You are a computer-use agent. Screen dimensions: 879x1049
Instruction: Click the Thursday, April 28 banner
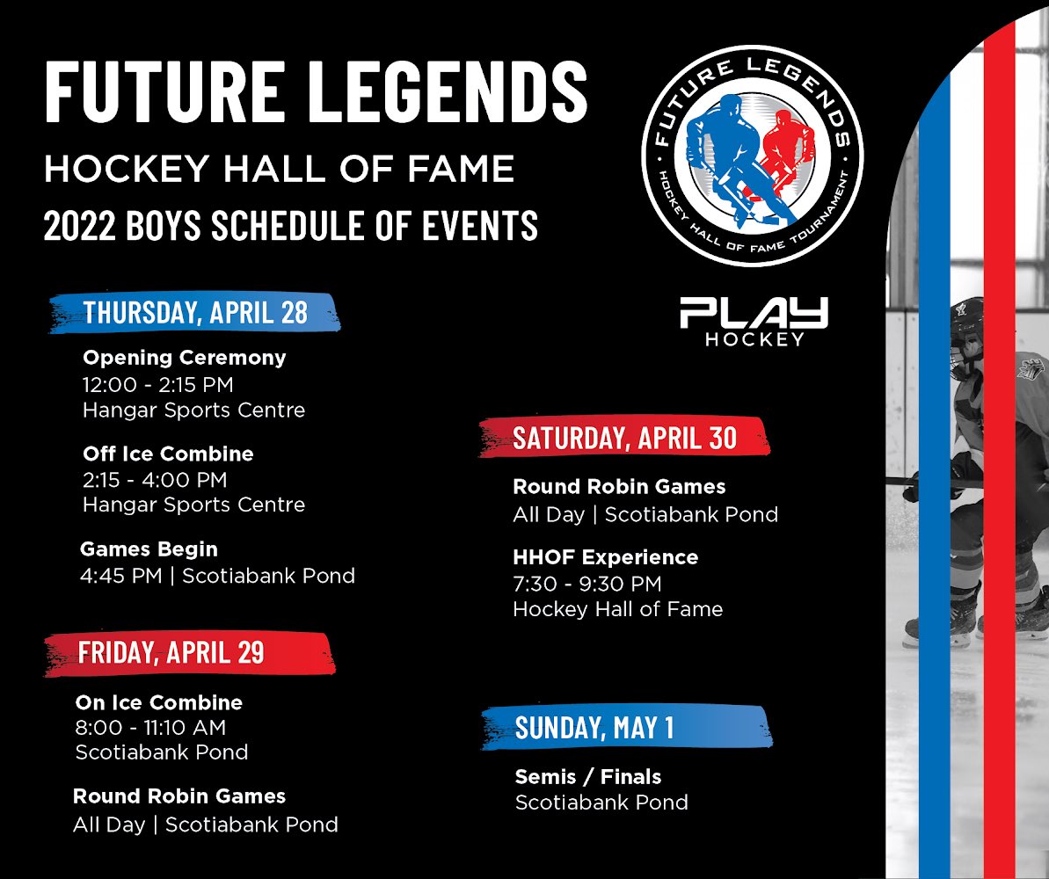pyautogui.click(x=194, y=313)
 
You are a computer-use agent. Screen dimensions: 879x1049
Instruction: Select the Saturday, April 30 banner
pyautogui.click(x=623, y=437)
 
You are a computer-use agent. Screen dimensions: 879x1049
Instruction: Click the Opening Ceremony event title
pyautogui.click(x=184, y=358)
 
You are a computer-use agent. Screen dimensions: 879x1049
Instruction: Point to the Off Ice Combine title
pyautogui.click(x=168, y=454)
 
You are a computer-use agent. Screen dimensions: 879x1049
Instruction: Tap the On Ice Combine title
pyautogui.click(x=158, y=702)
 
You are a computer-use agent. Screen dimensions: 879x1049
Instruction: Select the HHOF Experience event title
pyautogui.click(x=605, y=557)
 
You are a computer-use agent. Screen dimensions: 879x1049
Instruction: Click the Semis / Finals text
pyautogui.click(x=587, y=776)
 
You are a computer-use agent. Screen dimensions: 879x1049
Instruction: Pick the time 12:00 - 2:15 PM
pyautogui.click(x=157, y=384)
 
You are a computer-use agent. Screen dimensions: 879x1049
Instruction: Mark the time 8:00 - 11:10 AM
pyautogui.click(x=150, y=728)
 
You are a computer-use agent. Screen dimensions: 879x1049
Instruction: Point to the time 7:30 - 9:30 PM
pyautogui.click(x=586, y=584)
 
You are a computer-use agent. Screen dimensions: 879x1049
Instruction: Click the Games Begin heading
pyautogui.click(x=149, y=549)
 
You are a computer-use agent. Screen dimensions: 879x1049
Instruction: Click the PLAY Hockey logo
pyautogui.click(x=754, y=322)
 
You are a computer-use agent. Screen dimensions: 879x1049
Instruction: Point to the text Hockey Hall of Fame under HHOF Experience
pyautogui.click(x=617, y=609)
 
